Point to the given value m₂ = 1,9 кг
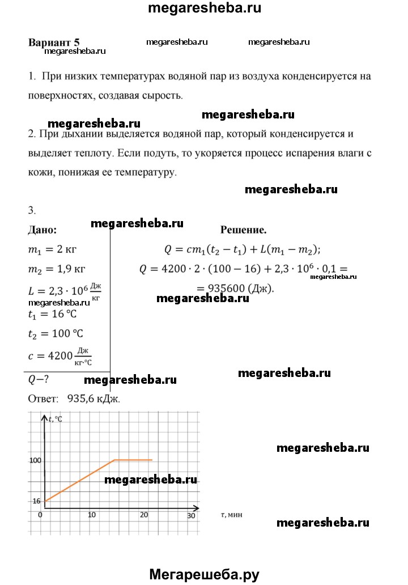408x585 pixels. click(x=57, y=268)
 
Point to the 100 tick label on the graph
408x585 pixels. click(x=36, y=460)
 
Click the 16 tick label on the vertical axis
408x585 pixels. click(x=37, y=501)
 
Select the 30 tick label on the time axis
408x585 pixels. click(x=191, y=516)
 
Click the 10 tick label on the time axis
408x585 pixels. click(x=91, y=516)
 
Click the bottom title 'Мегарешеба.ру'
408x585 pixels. click(x=204, y=574)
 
